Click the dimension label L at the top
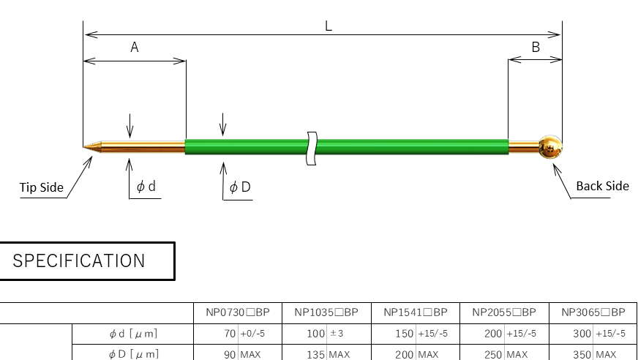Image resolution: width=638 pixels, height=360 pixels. click(329, 24)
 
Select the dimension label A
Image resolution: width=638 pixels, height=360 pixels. click(135, 48)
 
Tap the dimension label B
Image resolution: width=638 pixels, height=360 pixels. click(536, 48)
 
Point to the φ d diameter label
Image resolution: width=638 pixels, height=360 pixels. click(146, 187)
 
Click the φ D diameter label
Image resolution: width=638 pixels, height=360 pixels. click(240, 187)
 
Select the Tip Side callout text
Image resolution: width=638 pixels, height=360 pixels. click(42, 188)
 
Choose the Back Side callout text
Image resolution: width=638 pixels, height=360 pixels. click(602, 186)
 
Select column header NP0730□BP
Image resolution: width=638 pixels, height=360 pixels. click(238, 312)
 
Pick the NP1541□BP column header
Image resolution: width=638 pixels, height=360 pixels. click(416, 312)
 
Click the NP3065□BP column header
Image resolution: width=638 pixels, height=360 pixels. click(593, 312)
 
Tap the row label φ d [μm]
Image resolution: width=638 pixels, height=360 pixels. click(133, 334)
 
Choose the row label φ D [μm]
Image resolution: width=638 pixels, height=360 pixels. click(133, 354)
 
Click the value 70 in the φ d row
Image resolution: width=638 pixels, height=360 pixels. click(230, 334)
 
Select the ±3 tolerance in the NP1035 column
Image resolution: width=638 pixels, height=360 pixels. click(337, 334)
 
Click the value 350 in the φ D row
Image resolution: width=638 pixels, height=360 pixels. click(583, 354)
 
